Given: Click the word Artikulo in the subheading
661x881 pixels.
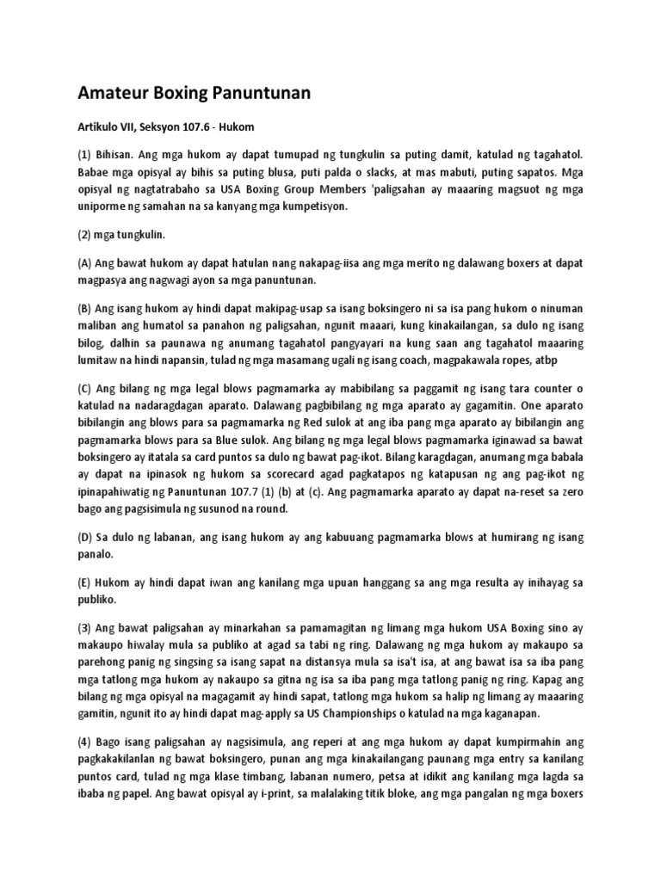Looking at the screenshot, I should point(101,126).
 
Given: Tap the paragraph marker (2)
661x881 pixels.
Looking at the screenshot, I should point(86,235).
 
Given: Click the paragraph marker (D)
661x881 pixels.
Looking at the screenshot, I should point(88,539).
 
